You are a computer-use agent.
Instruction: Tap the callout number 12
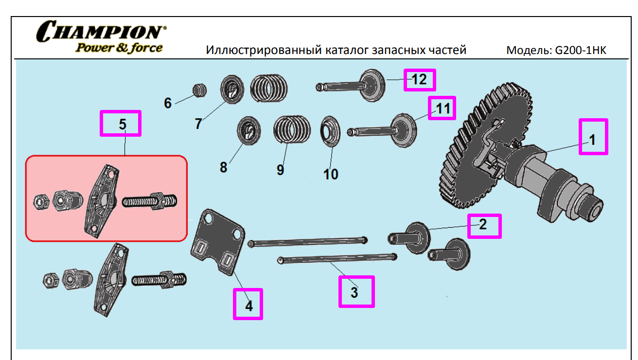[419, 79]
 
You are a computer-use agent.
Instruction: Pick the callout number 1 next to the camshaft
[592, 140]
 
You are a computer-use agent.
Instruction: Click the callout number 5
[123, 124]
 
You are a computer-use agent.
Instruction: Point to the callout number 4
[248, 306]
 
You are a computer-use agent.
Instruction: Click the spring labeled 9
[291, 130]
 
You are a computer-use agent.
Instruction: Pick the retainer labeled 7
[232, 90]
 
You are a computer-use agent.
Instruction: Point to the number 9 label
[280, 170]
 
